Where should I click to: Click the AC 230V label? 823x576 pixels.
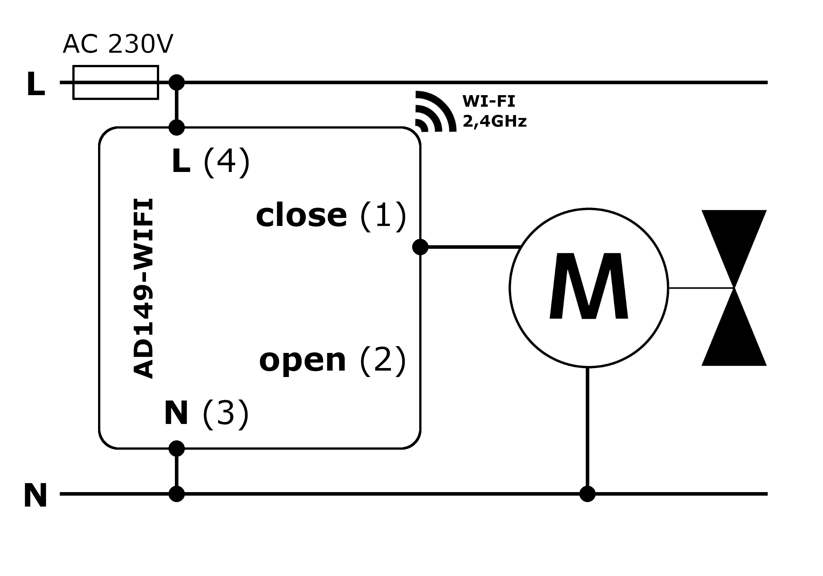click(x=118, y=44)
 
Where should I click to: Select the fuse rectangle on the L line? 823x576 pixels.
click(x=116, y=82)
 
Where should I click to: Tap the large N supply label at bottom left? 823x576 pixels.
click(x=35, y=495)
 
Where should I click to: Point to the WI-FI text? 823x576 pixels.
click(x=489, y=102)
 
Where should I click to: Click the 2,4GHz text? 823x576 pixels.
click(x=494, y=121)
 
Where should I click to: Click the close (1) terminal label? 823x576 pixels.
click(x=330, y=215)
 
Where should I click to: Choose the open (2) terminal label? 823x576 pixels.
click(x=332, y=360)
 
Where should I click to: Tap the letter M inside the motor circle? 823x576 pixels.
click(x=589, y=286)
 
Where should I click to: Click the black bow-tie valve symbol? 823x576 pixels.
click(x=734, y=288)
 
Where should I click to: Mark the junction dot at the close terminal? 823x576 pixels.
click(x=420, y=247)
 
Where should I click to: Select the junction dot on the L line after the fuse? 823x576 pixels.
click(x=176, y=82)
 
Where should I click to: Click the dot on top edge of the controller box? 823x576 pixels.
click(x=176, y=127)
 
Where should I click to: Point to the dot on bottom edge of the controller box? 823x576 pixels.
click(x=176, y=448)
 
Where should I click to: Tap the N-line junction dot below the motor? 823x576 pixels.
click(x=587, y=494)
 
